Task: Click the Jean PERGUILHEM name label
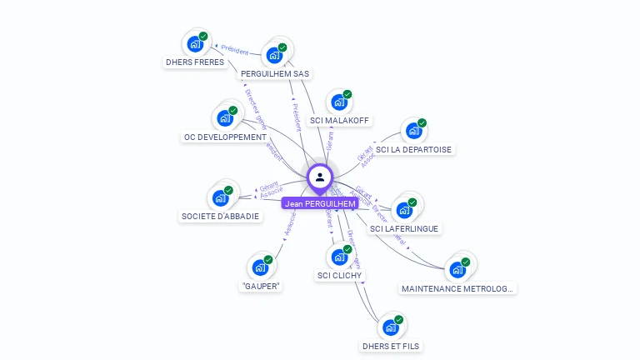click(x=320, y=203)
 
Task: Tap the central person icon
click(x=320, y=177)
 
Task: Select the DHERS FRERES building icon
click(x=194, y=43)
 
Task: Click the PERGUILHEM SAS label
click(x=274, y=73)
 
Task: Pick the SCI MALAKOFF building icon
click(x=338, y=102)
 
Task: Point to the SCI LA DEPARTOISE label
click(x=413, y=150)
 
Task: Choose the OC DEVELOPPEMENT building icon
click(x=224, y=118)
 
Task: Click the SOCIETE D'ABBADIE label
click(x=220, y=217)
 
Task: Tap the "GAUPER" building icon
click(x=260, y=268)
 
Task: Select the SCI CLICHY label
click(x=340, y=275)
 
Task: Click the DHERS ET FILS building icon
click(x=390, y=328)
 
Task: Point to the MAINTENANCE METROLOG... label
click(x=457, y=289)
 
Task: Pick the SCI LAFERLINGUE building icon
click(x=403, y=210)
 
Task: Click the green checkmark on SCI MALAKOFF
click(x=347, y=94)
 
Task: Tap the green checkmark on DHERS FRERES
click(x=203, y=36)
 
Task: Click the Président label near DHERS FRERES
click(x=234, y=51)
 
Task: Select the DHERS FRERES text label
click(x=194, y=62)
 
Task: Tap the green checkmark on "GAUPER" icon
click(x=269, y=261)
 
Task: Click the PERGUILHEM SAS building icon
click(x=273, y=56)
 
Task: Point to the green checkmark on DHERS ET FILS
click(x=399, y=320)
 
